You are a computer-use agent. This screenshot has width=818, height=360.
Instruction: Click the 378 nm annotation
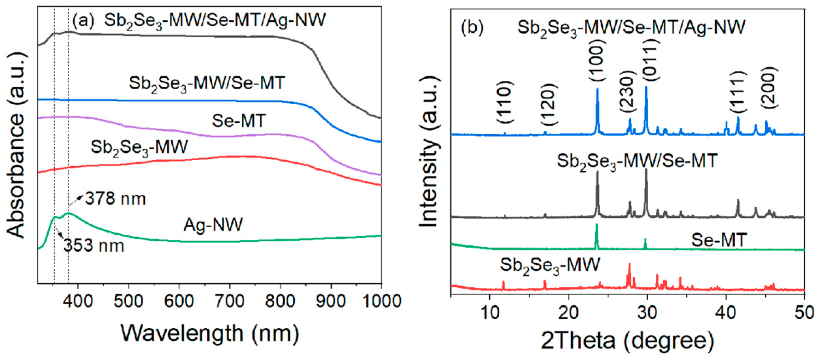click(115, 199)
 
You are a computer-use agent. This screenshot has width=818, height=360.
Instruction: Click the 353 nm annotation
click(94, 245)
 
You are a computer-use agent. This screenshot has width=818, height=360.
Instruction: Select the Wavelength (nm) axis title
click(210, 332)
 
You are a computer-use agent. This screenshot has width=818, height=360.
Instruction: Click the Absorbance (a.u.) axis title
click(17, 145)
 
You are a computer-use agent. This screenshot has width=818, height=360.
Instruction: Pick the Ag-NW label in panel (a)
click(213, 225)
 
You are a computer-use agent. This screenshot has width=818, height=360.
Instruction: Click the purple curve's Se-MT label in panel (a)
click(239, 121)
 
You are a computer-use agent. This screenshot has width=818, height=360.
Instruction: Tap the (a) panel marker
click(83, 20)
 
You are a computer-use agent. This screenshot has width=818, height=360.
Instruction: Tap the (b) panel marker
click(472, 28)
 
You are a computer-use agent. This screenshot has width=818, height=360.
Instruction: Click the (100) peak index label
click(597, 60)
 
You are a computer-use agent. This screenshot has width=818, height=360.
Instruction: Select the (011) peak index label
click(650, 59)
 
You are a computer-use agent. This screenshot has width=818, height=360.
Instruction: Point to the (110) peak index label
click(505, 102)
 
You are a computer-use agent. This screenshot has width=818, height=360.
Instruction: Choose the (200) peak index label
click(769, 87)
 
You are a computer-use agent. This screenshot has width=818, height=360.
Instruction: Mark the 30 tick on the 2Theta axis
click(647, 313)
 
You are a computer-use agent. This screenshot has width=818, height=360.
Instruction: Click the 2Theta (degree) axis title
click(627, 341)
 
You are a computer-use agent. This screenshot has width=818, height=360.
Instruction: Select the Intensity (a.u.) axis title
click(429, 152)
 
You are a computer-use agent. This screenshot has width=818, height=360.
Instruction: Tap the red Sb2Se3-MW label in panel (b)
click(549, 265)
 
